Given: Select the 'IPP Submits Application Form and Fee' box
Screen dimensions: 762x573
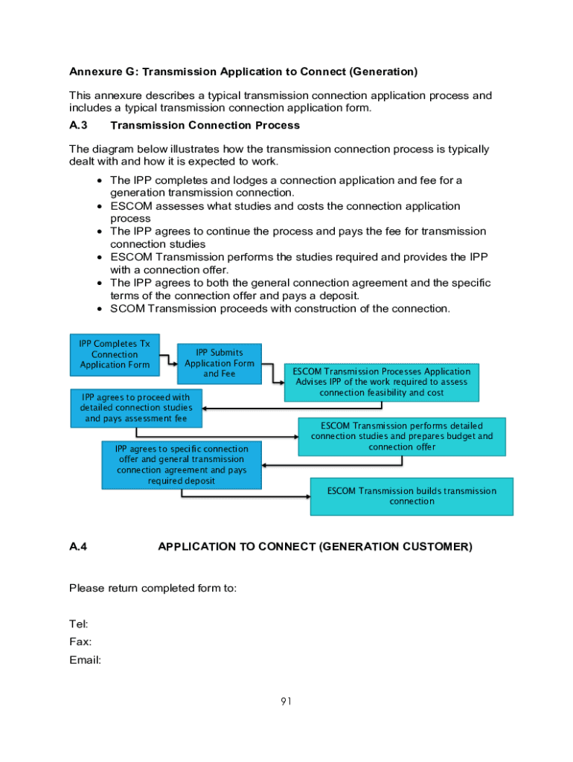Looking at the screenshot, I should point(219,363).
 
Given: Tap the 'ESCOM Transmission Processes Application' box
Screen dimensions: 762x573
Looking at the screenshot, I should point(381,382).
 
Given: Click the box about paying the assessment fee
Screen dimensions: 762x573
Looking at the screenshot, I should point(136,408).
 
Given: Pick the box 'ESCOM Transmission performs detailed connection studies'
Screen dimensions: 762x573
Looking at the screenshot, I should point(402,436).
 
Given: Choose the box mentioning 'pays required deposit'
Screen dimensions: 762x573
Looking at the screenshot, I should point(182,465).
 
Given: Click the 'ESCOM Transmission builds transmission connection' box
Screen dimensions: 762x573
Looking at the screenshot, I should point(412,496).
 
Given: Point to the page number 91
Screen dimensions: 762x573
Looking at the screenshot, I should point(286,701).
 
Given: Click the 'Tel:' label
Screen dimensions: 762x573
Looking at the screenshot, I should point(79,624).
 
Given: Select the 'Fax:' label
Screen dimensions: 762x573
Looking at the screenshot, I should point(80,641).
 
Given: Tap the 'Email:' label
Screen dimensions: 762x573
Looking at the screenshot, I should point(85,660).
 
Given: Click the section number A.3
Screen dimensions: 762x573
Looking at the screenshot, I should point(79,126).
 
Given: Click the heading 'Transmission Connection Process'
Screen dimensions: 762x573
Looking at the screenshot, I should point(205,126).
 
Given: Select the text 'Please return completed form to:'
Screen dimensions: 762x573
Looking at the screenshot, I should point(153,589).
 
